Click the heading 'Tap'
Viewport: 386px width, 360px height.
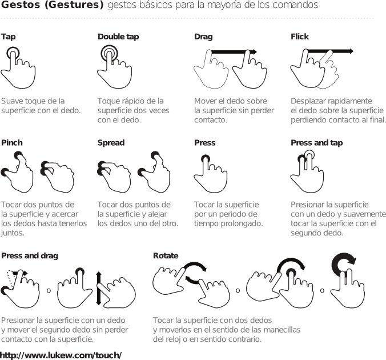click(9, 37)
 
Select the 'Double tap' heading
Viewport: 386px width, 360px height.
click(118, 37)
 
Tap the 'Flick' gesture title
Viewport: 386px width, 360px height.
click(300, 37)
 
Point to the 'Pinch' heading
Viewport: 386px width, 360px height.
click(12, 143)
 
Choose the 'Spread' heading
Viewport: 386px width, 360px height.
click(111, 143)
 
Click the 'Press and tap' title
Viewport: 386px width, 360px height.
click(316, 143)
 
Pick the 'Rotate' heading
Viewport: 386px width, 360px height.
click(166, 255)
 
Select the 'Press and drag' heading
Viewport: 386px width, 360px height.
click(30, 256)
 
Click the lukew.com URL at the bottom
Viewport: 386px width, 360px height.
click(61, 355)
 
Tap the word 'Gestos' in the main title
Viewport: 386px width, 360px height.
click(21, 5)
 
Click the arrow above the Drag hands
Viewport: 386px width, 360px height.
click(234, 52)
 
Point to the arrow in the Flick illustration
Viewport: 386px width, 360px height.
click(331, 51)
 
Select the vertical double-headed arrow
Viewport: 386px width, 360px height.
click(99, 289)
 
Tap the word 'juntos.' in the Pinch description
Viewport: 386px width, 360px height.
click(13, 233)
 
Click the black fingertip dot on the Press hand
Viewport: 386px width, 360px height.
click(206, 159)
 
